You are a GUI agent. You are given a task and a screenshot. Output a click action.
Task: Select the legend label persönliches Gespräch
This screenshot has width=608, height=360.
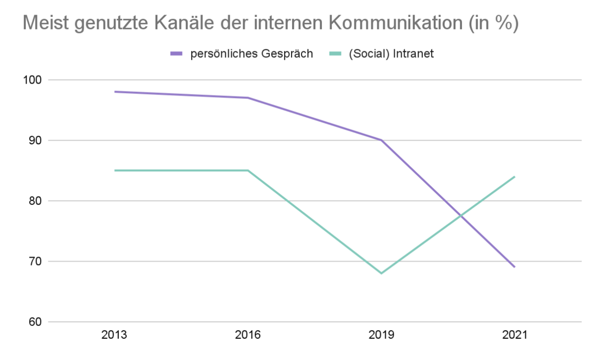251,54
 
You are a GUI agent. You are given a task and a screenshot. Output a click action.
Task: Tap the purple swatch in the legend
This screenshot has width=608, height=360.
177,54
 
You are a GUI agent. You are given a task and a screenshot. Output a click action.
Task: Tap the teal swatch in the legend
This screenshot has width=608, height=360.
335,54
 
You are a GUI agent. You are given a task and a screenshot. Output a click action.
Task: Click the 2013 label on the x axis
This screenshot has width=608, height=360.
114,335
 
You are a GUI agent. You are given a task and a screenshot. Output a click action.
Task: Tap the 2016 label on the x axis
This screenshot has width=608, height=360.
248,335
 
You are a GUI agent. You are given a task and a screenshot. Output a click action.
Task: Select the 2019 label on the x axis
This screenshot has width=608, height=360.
381,335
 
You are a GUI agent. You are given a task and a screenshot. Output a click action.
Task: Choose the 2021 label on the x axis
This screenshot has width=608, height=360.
514,335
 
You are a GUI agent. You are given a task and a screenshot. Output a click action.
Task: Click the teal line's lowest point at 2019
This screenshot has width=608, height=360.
381,273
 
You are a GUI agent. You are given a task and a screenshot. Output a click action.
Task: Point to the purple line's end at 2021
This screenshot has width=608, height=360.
514,267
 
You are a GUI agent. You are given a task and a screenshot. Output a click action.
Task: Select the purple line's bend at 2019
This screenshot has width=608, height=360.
381,140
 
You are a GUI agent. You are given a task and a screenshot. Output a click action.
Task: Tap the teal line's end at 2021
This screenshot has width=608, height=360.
514,176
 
